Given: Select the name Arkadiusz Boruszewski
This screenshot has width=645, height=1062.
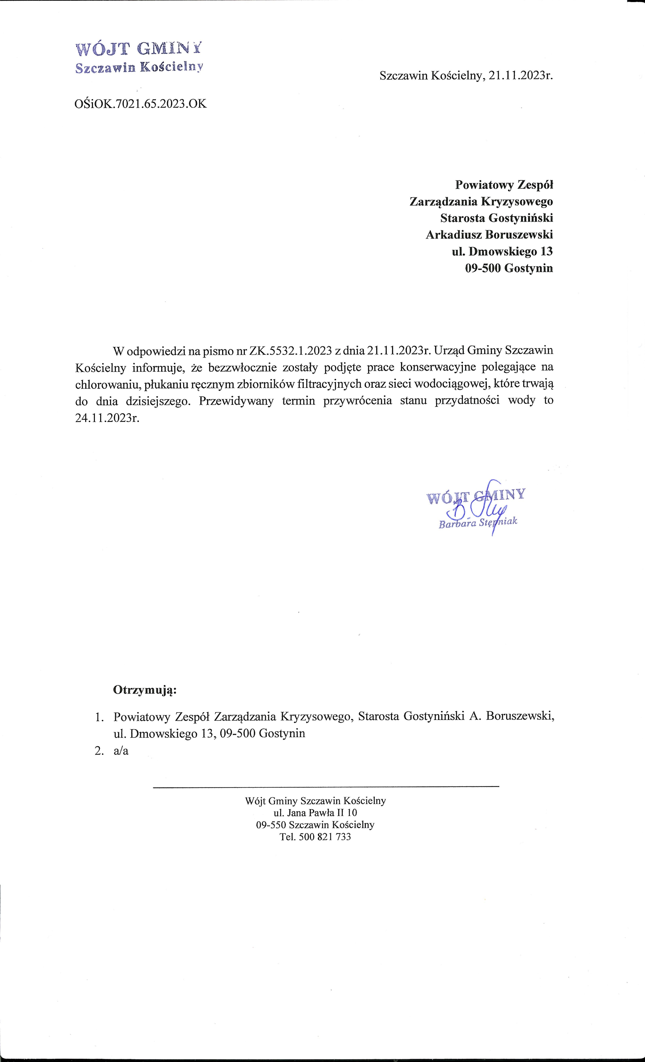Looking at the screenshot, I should coord(489,235).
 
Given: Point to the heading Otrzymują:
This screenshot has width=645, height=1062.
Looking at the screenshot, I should coord(145,690).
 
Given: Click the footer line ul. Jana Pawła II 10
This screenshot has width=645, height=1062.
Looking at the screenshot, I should coord(315,812).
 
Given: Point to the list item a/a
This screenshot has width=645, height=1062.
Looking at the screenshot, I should coord(121,750).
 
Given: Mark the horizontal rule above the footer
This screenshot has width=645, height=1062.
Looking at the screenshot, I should coord(326,787).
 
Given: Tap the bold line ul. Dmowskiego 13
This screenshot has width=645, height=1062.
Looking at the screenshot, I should coord(502,251).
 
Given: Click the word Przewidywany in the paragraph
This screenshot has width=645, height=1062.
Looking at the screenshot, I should coord(236,401).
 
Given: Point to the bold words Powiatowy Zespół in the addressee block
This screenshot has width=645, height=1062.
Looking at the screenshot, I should coord(504,185).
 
